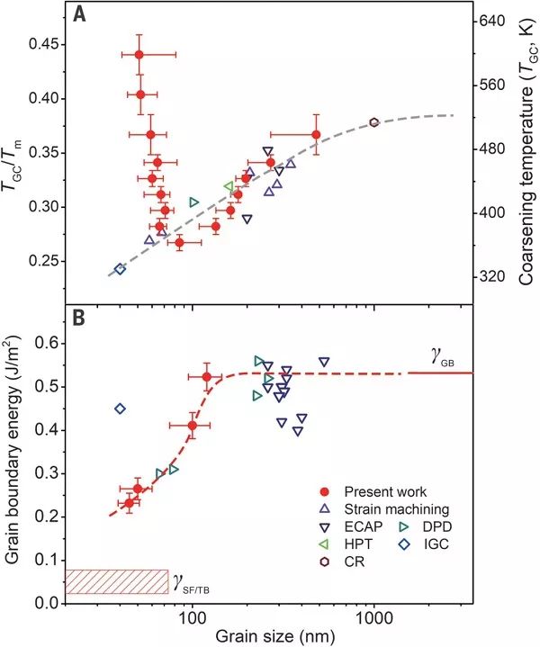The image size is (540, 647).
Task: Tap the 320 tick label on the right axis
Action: coord(495,276)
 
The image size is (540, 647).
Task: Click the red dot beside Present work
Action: coord(327,492)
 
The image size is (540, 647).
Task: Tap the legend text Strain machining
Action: coord(391,509)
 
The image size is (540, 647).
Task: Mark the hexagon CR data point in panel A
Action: coord(374,122)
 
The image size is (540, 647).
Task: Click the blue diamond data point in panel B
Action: coord(120,409)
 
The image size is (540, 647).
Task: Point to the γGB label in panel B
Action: coord(443,360)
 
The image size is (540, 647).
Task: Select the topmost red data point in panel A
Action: coord(139,55)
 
